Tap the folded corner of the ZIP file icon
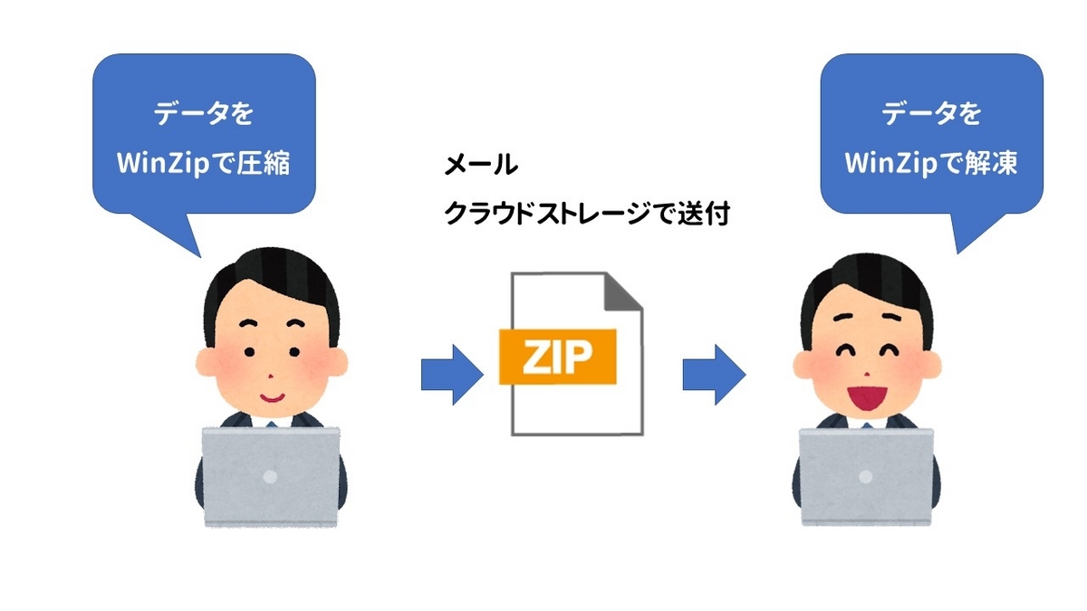[x=623, y=291]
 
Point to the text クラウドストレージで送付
[x=586, y=215]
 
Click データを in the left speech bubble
[x=204, y=115]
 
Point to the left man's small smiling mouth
[x=272, y=396]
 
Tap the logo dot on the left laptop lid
[x=271, y=473]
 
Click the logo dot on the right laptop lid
[x=867, y=474]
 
